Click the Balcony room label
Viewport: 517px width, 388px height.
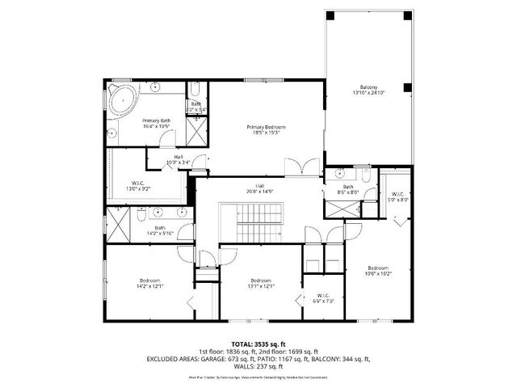[x=368, y=90]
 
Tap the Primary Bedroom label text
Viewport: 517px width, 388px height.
[x=266, y=130]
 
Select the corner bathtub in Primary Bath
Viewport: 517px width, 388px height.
[x=124, y=100]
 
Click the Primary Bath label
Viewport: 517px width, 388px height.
[x=157, y=123]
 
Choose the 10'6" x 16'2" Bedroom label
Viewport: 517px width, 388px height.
[x=378, y=271]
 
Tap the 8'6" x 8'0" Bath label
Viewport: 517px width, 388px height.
[x=347, y=190]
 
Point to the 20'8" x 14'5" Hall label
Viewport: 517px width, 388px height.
[x=260, y=188]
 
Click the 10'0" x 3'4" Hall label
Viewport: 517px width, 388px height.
[x=178, y=158]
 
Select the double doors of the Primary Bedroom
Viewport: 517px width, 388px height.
[x=306, y=167]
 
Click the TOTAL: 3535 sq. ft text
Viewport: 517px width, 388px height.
[x=258, y=344]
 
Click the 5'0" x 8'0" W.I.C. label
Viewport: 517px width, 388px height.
[x=397, y=196]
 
